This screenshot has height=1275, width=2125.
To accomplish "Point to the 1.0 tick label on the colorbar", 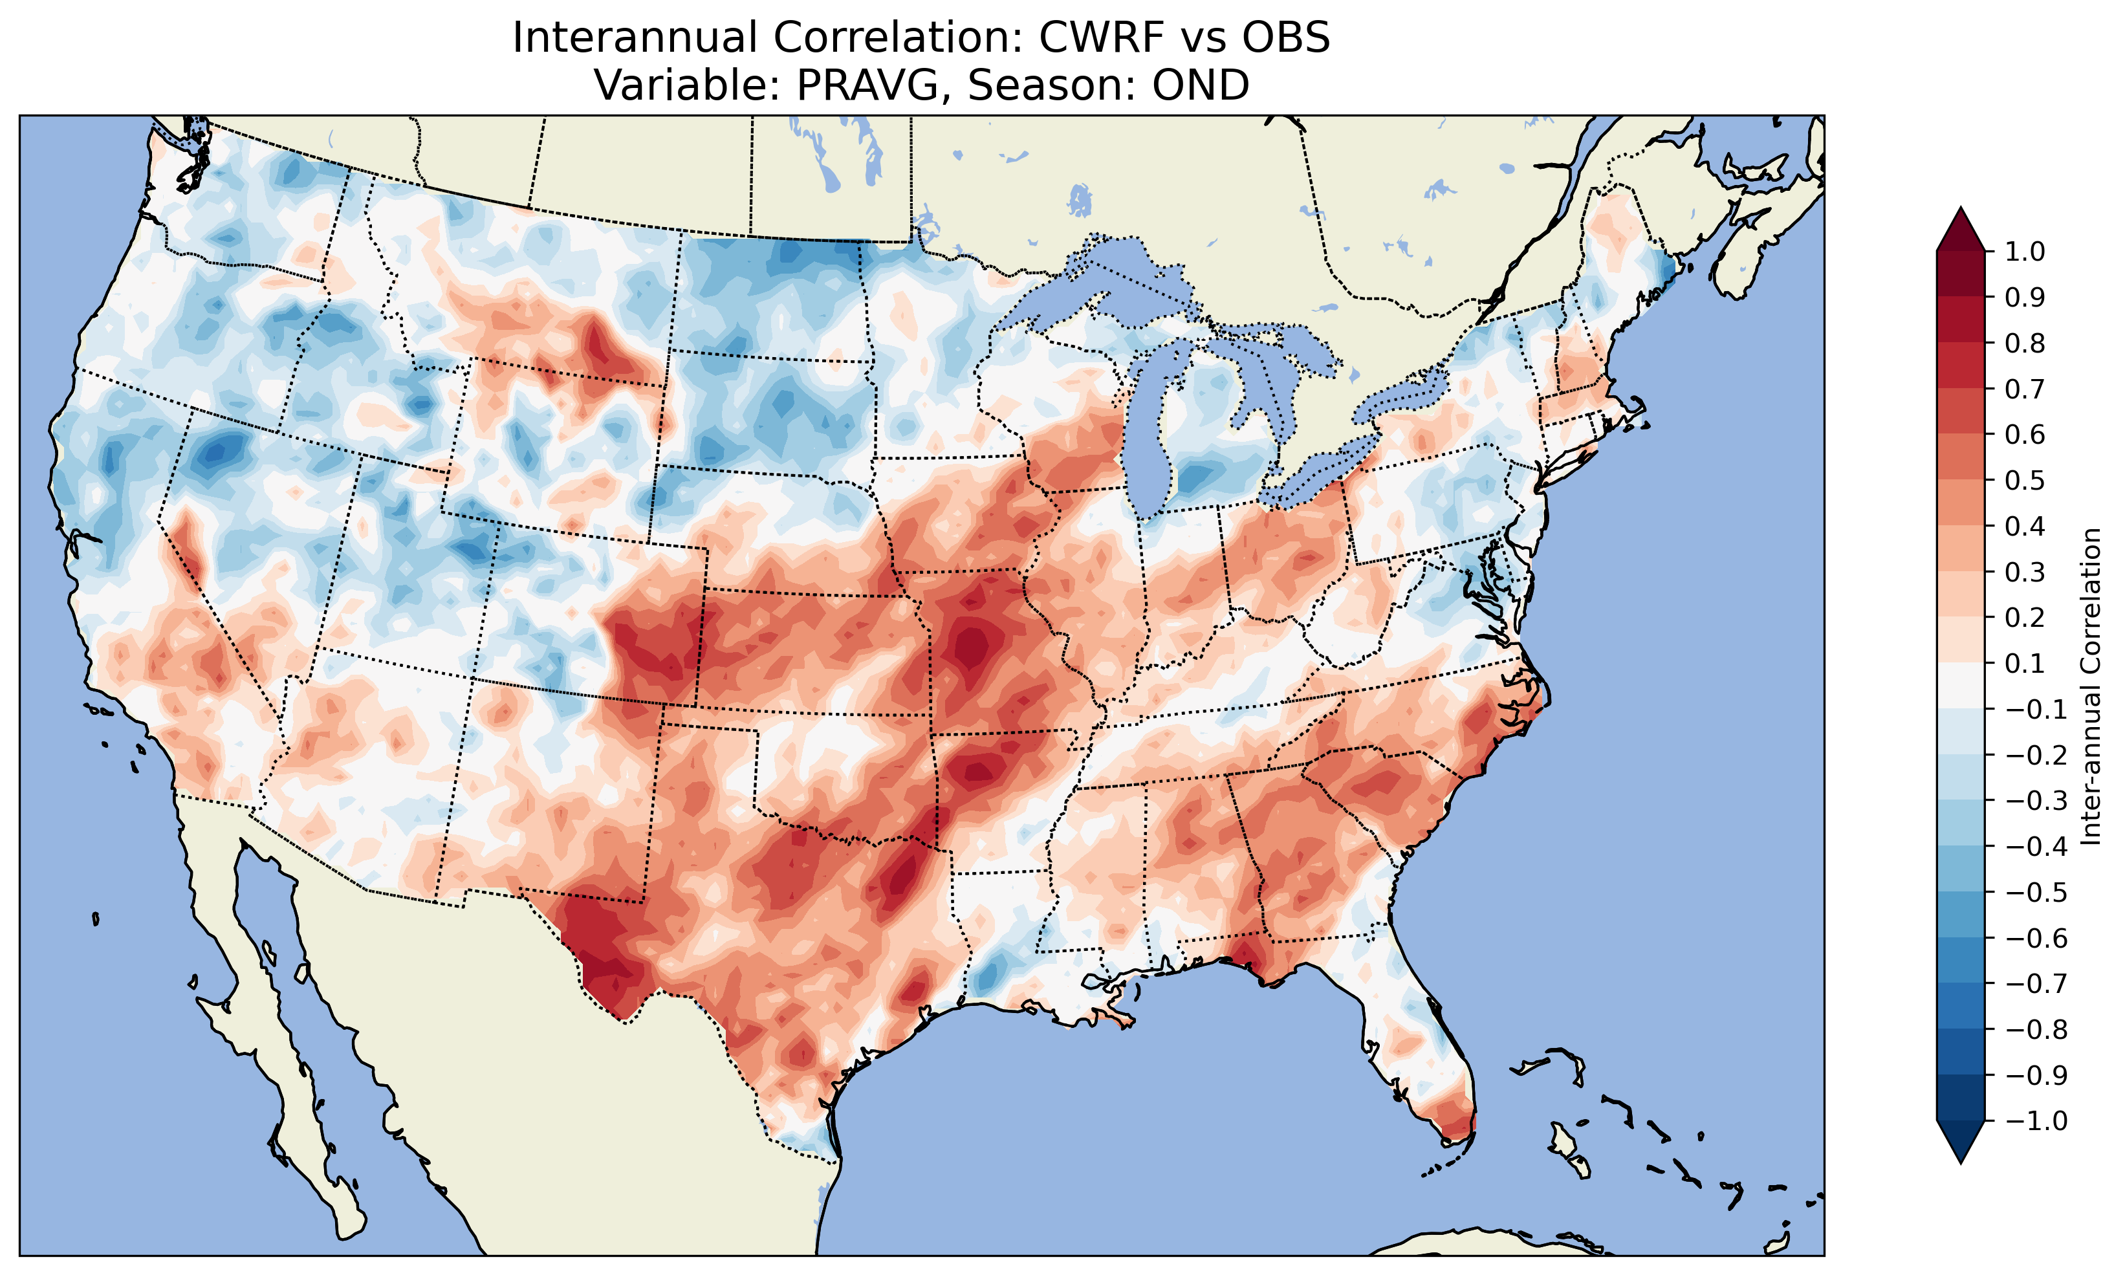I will click(2025, 252).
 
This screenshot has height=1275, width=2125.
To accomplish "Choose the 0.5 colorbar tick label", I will click(2025, 480).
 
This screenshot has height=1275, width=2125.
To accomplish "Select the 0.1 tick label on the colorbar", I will click(2025, 663).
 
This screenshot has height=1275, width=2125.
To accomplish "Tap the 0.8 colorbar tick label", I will click(2025, 343).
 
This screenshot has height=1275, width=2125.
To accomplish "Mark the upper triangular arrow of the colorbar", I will click(1960, 228).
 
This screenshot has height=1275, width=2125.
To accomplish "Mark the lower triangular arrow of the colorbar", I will click(1960, 1142).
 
